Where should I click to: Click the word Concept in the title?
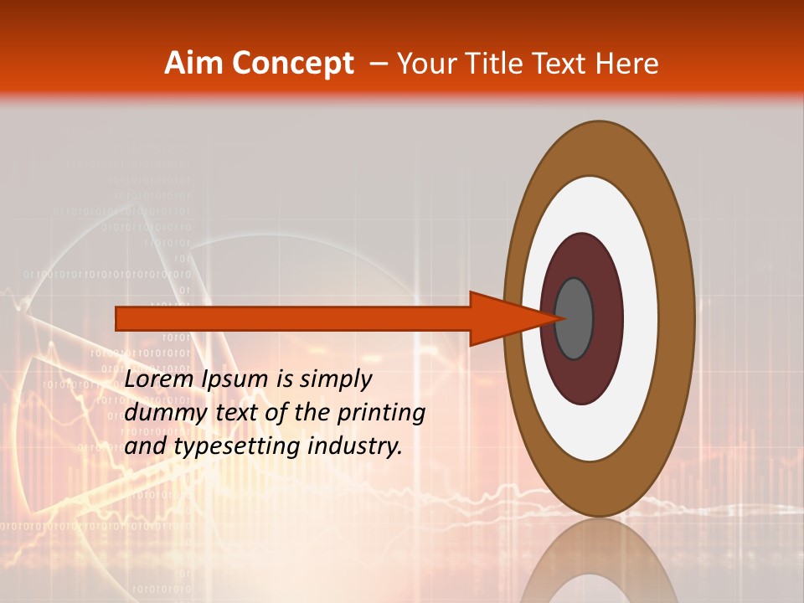point(292,64)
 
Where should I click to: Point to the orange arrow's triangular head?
point(502,319)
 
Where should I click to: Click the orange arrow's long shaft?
point(293,319)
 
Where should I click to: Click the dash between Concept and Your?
point(379,64)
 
